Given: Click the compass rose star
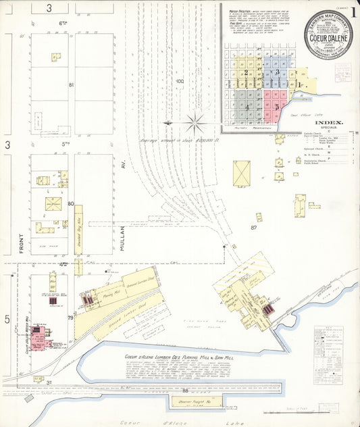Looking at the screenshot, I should point(195,122).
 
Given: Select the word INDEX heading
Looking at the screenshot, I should point(329,123).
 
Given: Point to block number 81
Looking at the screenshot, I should point(70,84).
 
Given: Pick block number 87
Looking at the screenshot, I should point(254,228).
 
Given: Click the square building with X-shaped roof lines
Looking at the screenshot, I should point(241,173).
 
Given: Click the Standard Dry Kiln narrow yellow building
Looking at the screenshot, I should point(78,230).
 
